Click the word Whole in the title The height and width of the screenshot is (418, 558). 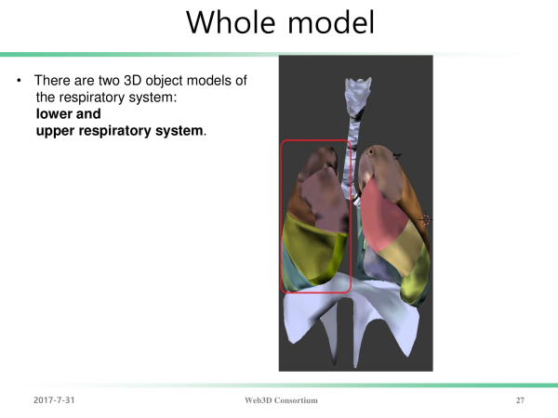point(231,22)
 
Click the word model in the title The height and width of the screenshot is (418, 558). point(331,22)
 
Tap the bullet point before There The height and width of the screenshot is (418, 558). point(19,81)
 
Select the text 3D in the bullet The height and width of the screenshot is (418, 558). point(133,81)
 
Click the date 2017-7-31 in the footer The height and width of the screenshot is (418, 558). point(54,400)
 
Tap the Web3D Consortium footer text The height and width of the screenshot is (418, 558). point(281,400)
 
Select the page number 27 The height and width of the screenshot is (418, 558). point(520,400)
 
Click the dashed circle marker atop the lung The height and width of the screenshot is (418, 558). point(371,152)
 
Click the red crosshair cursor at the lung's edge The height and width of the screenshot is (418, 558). point(425,219)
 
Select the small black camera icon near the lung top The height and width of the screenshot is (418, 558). point(397,156)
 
